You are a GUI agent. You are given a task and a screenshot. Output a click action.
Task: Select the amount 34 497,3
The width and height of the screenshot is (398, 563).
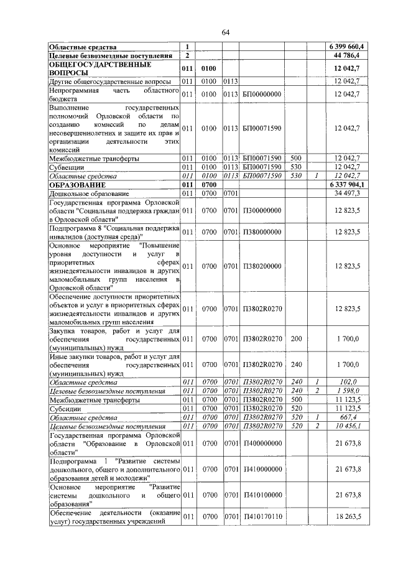pyautogui.click(x=352, y=194)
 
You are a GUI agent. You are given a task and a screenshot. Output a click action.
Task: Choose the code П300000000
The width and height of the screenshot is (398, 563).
pyautogui.click(x=262, y=211)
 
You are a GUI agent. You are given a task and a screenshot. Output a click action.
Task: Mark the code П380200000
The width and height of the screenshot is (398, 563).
pyautogui.click(x=262, y=266)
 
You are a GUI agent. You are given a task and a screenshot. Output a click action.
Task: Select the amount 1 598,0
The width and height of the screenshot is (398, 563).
pyautogui.click(x=353, y=391)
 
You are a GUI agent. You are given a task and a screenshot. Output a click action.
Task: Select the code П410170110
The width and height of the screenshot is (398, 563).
pyautogui.click(x=262, y=516)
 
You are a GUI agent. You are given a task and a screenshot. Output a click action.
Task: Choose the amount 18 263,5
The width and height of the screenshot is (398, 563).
pyautogui.click(x=352, y=516)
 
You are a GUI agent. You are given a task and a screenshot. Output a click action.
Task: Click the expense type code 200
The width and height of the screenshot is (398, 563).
pyautogui.click(x=296, y=340)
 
